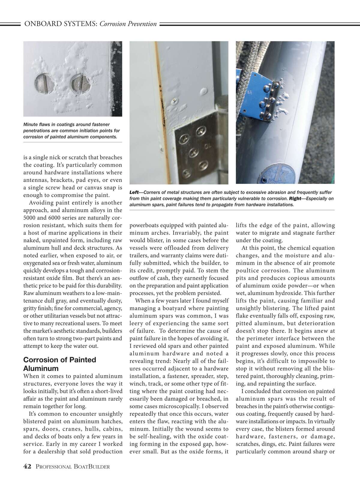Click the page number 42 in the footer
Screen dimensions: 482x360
27,466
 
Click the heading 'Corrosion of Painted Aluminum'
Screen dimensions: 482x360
59,364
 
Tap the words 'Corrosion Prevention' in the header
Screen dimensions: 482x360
128,24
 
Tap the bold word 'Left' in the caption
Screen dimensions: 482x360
134,192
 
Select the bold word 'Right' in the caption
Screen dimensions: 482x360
295,198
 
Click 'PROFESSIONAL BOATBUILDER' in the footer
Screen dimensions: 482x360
72,466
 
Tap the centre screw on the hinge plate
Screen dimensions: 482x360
192,151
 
